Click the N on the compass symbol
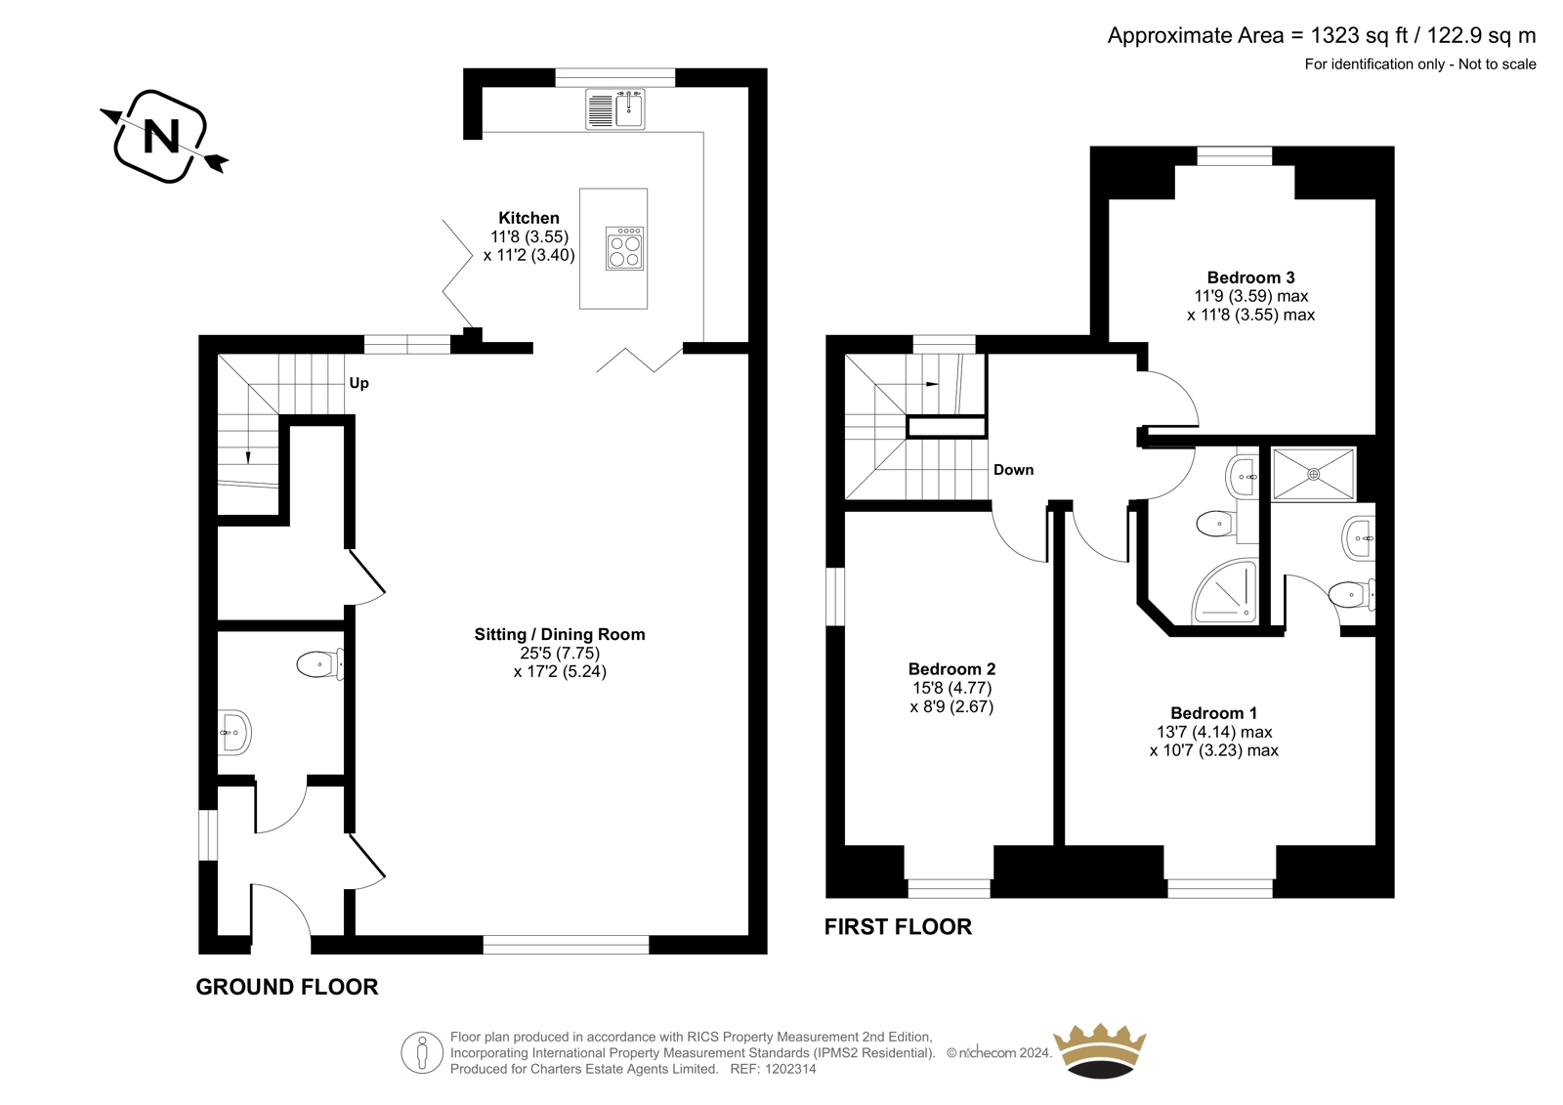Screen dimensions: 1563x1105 click(162, 136)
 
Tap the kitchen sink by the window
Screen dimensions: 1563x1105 click(615, 108)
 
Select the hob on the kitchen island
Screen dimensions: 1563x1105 click(624, 248)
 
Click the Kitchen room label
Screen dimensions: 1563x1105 click(528, 218)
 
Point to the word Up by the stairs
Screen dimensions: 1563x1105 click(359, 383)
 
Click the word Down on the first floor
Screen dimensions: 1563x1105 click(1013, 470)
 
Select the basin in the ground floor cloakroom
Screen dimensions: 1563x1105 click(234, 732)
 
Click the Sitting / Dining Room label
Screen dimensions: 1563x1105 click(560, 634)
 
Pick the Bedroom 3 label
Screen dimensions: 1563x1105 click(1251, 277)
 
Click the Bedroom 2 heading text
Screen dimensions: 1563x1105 click(951, 668)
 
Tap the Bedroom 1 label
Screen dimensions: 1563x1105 click(1214, 712)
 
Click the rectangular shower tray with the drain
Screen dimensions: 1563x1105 click(1313, 474)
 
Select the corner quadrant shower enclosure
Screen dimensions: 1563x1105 click(1225, 590)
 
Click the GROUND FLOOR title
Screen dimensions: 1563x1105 click(287, 987)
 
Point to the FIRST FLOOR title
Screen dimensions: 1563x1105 click(898, 926)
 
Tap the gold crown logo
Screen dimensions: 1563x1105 click(1100, 1050)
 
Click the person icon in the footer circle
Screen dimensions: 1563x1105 click(421, 1052)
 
